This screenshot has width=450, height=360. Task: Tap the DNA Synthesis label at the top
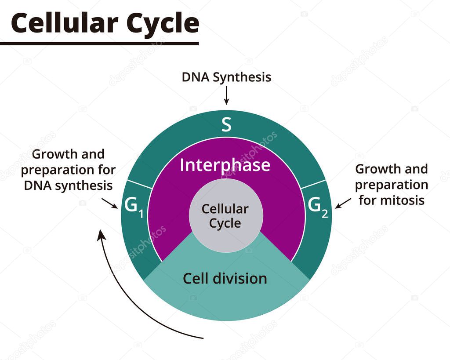[226, 77]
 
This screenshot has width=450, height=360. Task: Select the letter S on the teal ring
[226, 125]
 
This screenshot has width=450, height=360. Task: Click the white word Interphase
[225, 165]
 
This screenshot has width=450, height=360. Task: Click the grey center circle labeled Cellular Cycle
[225, 215]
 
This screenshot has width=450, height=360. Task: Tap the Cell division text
[225, 278]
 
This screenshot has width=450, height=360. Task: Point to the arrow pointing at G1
[110, 203]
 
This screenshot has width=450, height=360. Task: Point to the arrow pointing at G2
[343, 203]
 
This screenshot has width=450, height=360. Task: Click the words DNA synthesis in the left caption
[68, 185]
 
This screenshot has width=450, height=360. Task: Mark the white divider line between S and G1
[139, 185]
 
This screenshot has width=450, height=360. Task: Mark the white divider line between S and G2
[312, 185]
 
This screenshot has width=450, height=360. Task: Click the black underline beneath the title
[99, 43]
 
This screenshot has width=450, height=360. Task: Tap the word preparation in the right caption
[391, 185]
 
